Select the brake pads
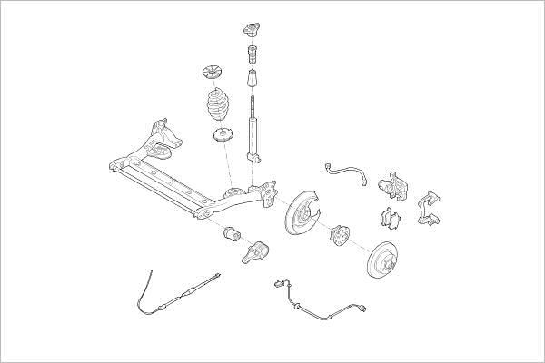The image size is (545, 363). pos(391,219)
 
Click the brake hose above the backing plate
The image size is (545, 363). pos(347,171)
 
